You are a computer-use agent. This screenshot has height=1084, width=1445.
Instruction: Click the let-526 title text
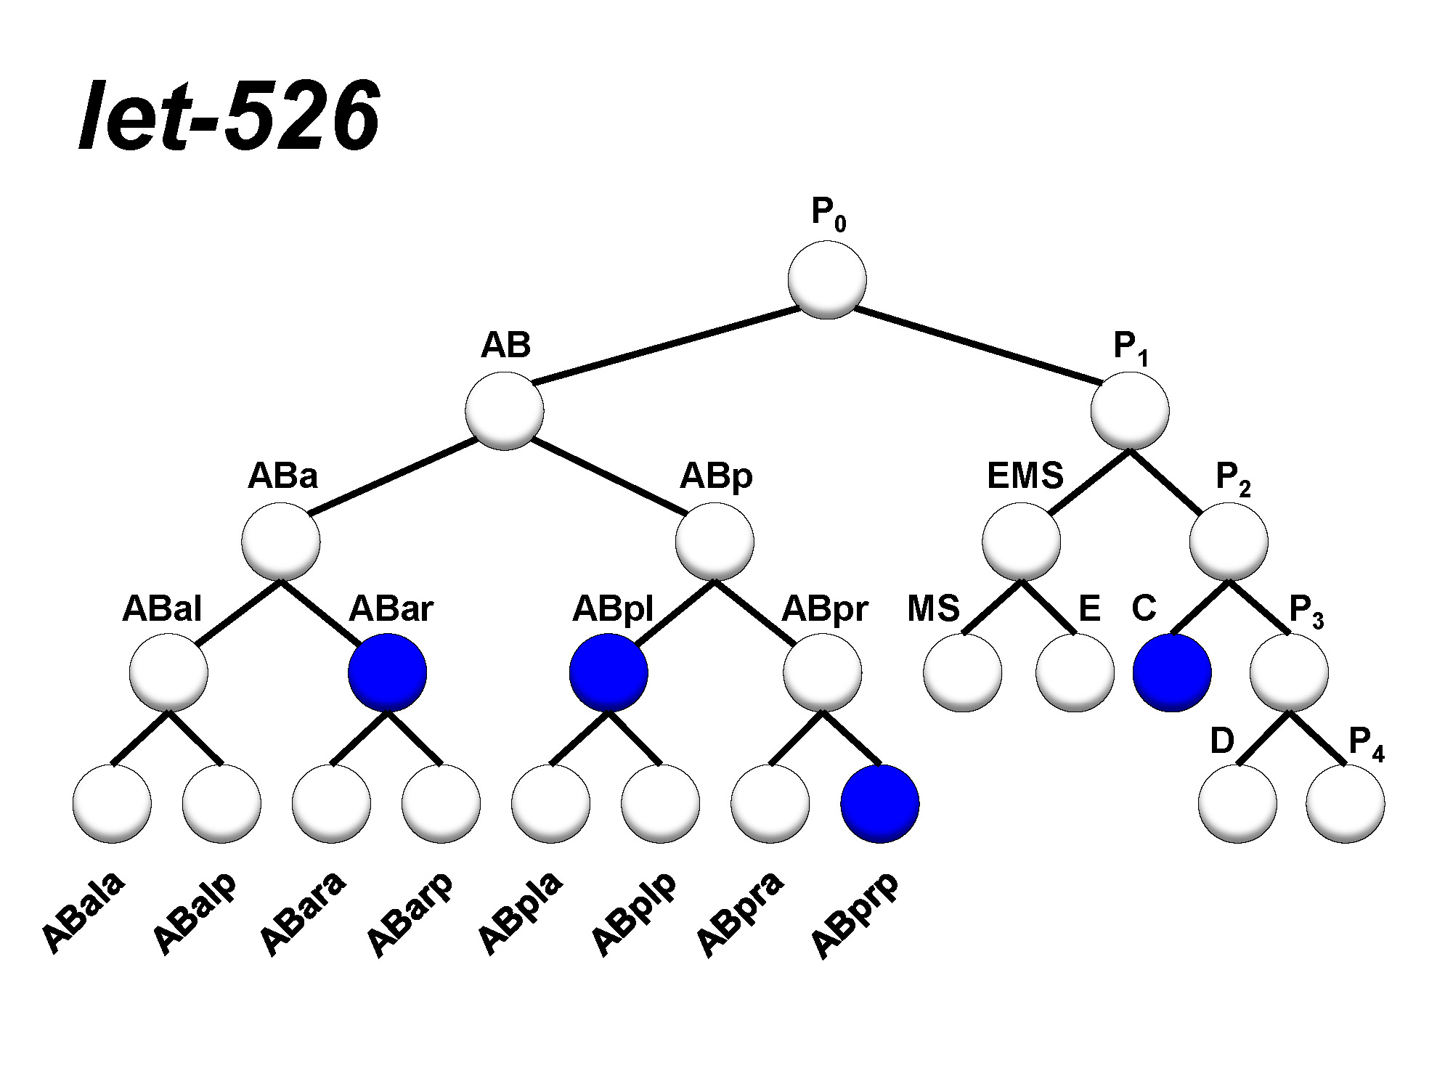coord(229,116)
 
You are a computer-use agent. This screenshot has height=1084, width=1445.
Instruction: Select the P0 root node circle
coord(827,280)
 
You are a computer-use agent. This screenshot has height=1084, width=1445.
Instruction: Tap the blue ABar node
coord(388,672)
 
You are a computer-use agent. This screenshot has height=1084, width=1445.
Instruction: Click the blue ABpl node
coord(608,672)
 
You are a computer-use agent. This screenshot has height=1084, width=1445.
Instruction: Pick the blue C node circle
coord(1172,672)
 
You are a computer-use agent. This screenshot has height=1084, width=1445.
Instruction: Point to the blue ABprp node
coord(880,804)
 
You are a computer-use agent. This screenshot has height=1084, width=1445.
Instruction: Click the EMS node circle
coord(1021,542)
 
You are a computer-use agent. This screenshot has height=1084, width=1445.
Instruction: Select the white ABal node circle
coord(168,672)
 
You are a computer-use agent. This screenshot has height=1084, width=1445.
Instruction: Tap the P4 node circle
coord(1345,804)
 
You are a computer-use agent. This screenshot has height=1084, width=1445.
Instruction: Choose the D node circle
coord(1237,804)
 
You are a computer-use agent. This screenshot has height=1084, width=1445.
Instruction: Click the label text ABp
coord(716,476)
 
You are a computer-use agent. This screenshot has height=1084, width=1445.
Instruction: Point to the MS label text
coord(933,608)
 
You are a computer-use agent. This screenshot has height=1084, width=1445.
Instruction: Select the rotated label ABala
coord(84,913)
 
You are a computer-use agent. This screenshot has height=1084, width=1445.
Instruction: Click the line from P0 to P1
coord(977,346)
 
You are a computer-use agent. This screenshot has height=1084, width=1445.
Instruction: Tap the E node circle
coord(1075,672)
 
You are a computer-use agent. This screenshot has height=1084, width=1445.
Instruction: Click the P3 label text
coord(1306,610)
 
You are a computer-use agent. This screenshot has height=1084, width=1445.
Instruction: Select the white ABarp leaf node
coord(441,804)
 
